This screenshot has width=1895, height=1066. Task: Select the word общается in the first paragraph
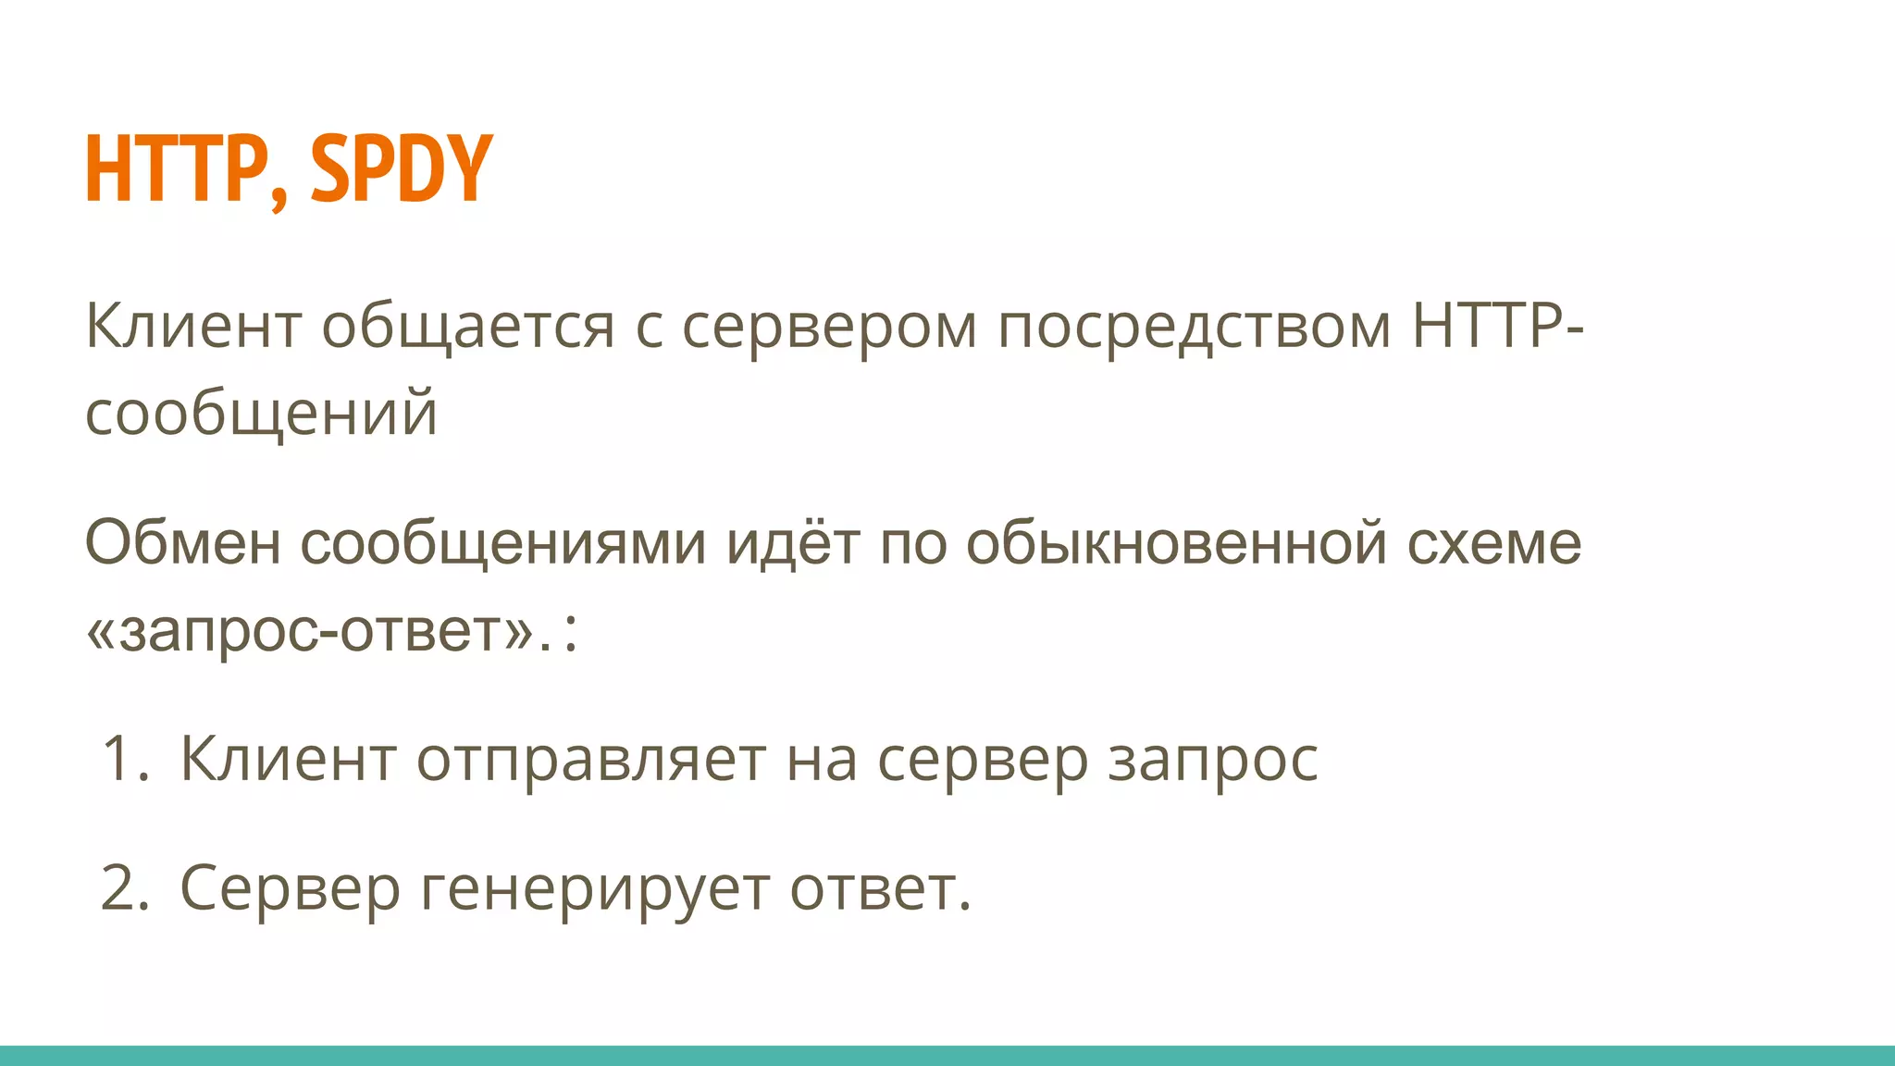[x=467, y=328]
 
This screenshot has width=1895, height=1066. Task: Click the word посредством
[x=1194, y=328]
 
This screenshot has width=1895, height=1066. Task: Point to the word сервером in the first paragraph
[x=829, y=328]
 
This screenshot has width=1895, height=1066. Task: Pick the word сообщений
[x=261, y=414]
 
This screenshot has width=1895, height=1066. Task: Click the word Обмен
[x=182, y=542]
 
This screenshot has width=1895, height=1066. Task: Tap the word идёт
[x=793, y=542]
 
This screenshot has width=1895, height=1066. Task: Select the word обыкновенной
[x=1176, y=542]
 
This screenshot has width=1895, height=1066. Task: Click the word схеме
[x=1493, y=542]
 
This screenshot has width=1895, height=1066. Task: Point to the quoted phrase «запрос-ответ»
[x=310, y=632]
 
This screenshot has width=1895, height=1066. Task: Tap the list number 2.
[x=123, y=888]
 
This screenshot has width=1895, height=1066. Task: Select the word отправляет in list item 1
[x=590, y=760]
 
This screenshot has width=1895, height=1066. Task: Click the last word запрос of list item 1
[x=1212, y=760]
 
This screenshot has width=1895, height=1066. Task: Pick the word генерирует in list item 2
[x=594, y=888]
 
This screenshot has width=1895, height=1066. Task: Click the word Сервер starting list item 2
[x=289, y=888]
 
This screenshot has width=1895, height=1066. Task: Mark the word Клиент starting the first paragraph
[x=192, y=328]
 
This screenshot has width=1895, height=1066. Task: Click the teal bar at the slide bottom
[x=947, y=1056]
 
